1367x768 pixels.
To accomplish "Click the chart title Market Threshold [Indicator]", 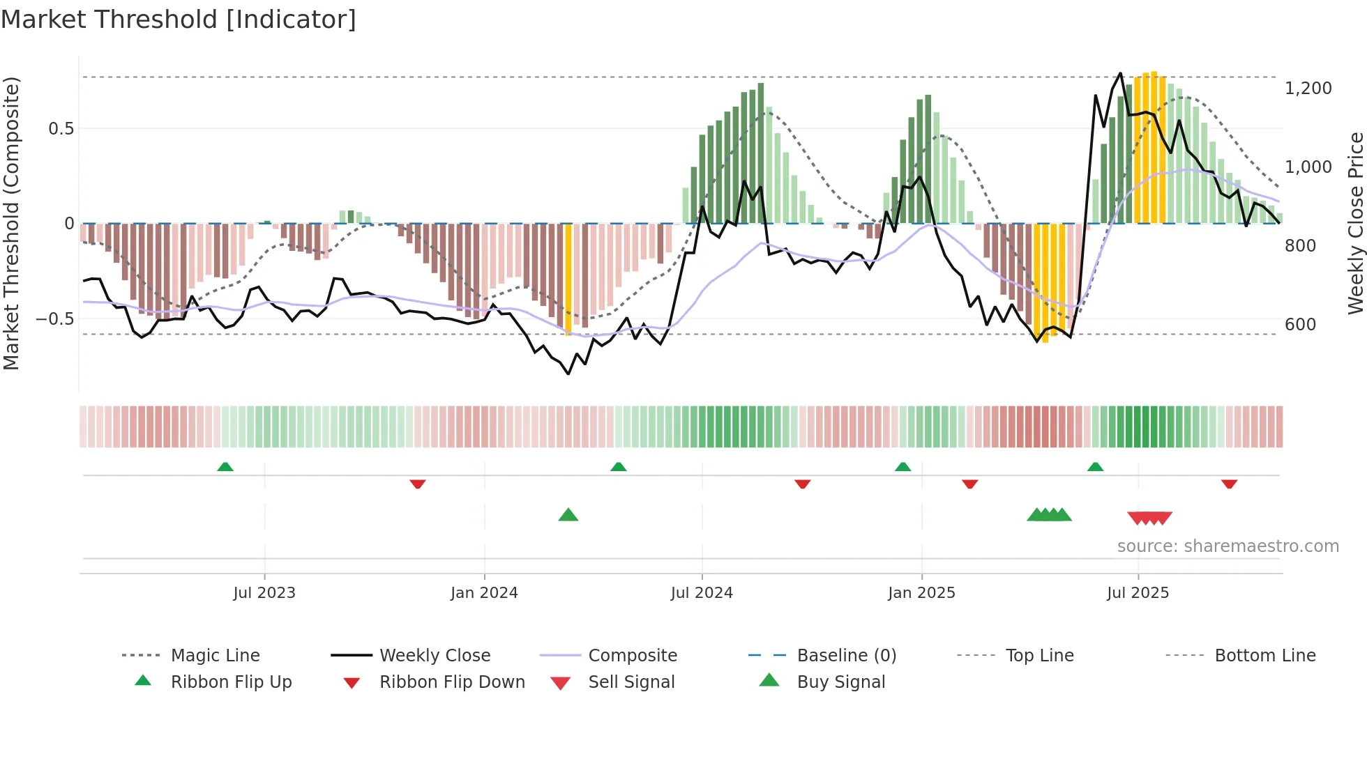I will point(179,20).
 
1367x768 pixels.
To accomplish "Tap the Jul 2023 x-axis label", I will point(264,593).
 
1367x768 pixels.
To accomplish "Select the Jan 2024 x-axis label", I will point(484,593).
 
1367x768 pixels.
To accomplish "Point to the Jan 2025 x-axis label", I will point(921,593).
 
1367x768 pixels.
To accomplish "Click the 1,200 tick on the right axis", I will point(1308,89).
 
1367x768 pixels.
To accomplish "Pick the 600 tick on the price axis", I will point(1300,325).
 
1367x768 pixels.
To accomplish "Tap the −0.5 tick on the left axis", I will point(55,319).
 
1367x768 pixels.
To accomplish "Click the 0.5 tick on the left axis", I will point(61,129).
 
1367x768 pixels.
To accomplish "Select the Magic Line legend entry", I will point(215,656).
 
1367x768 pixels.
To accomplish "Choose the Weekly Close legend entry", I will point(435,656).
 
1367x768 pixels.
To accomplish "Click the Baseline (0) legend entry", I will point(846,656).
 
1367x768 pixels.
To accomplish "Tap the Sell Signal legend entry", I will point(631,682).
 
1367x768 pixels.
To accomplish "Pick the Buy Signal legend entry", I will point(840,682).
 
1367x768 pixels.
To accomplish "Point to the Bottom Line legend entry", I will point(1264,656).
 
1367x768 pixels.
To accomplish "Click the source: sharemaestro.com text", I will point(1228,546).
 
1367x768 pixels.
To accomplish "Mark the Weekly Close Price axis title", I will point(1355,223).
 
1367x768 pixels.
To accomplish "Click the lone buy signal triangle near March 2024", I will point(568,516).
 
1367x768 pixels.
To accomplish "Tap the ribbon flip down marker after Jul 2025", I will point(1229,484).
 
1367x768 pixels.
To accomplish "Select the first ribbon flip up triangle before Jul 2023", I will point(225,467).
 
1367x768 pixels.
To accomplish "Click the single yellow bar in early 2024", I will point(568,279).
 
